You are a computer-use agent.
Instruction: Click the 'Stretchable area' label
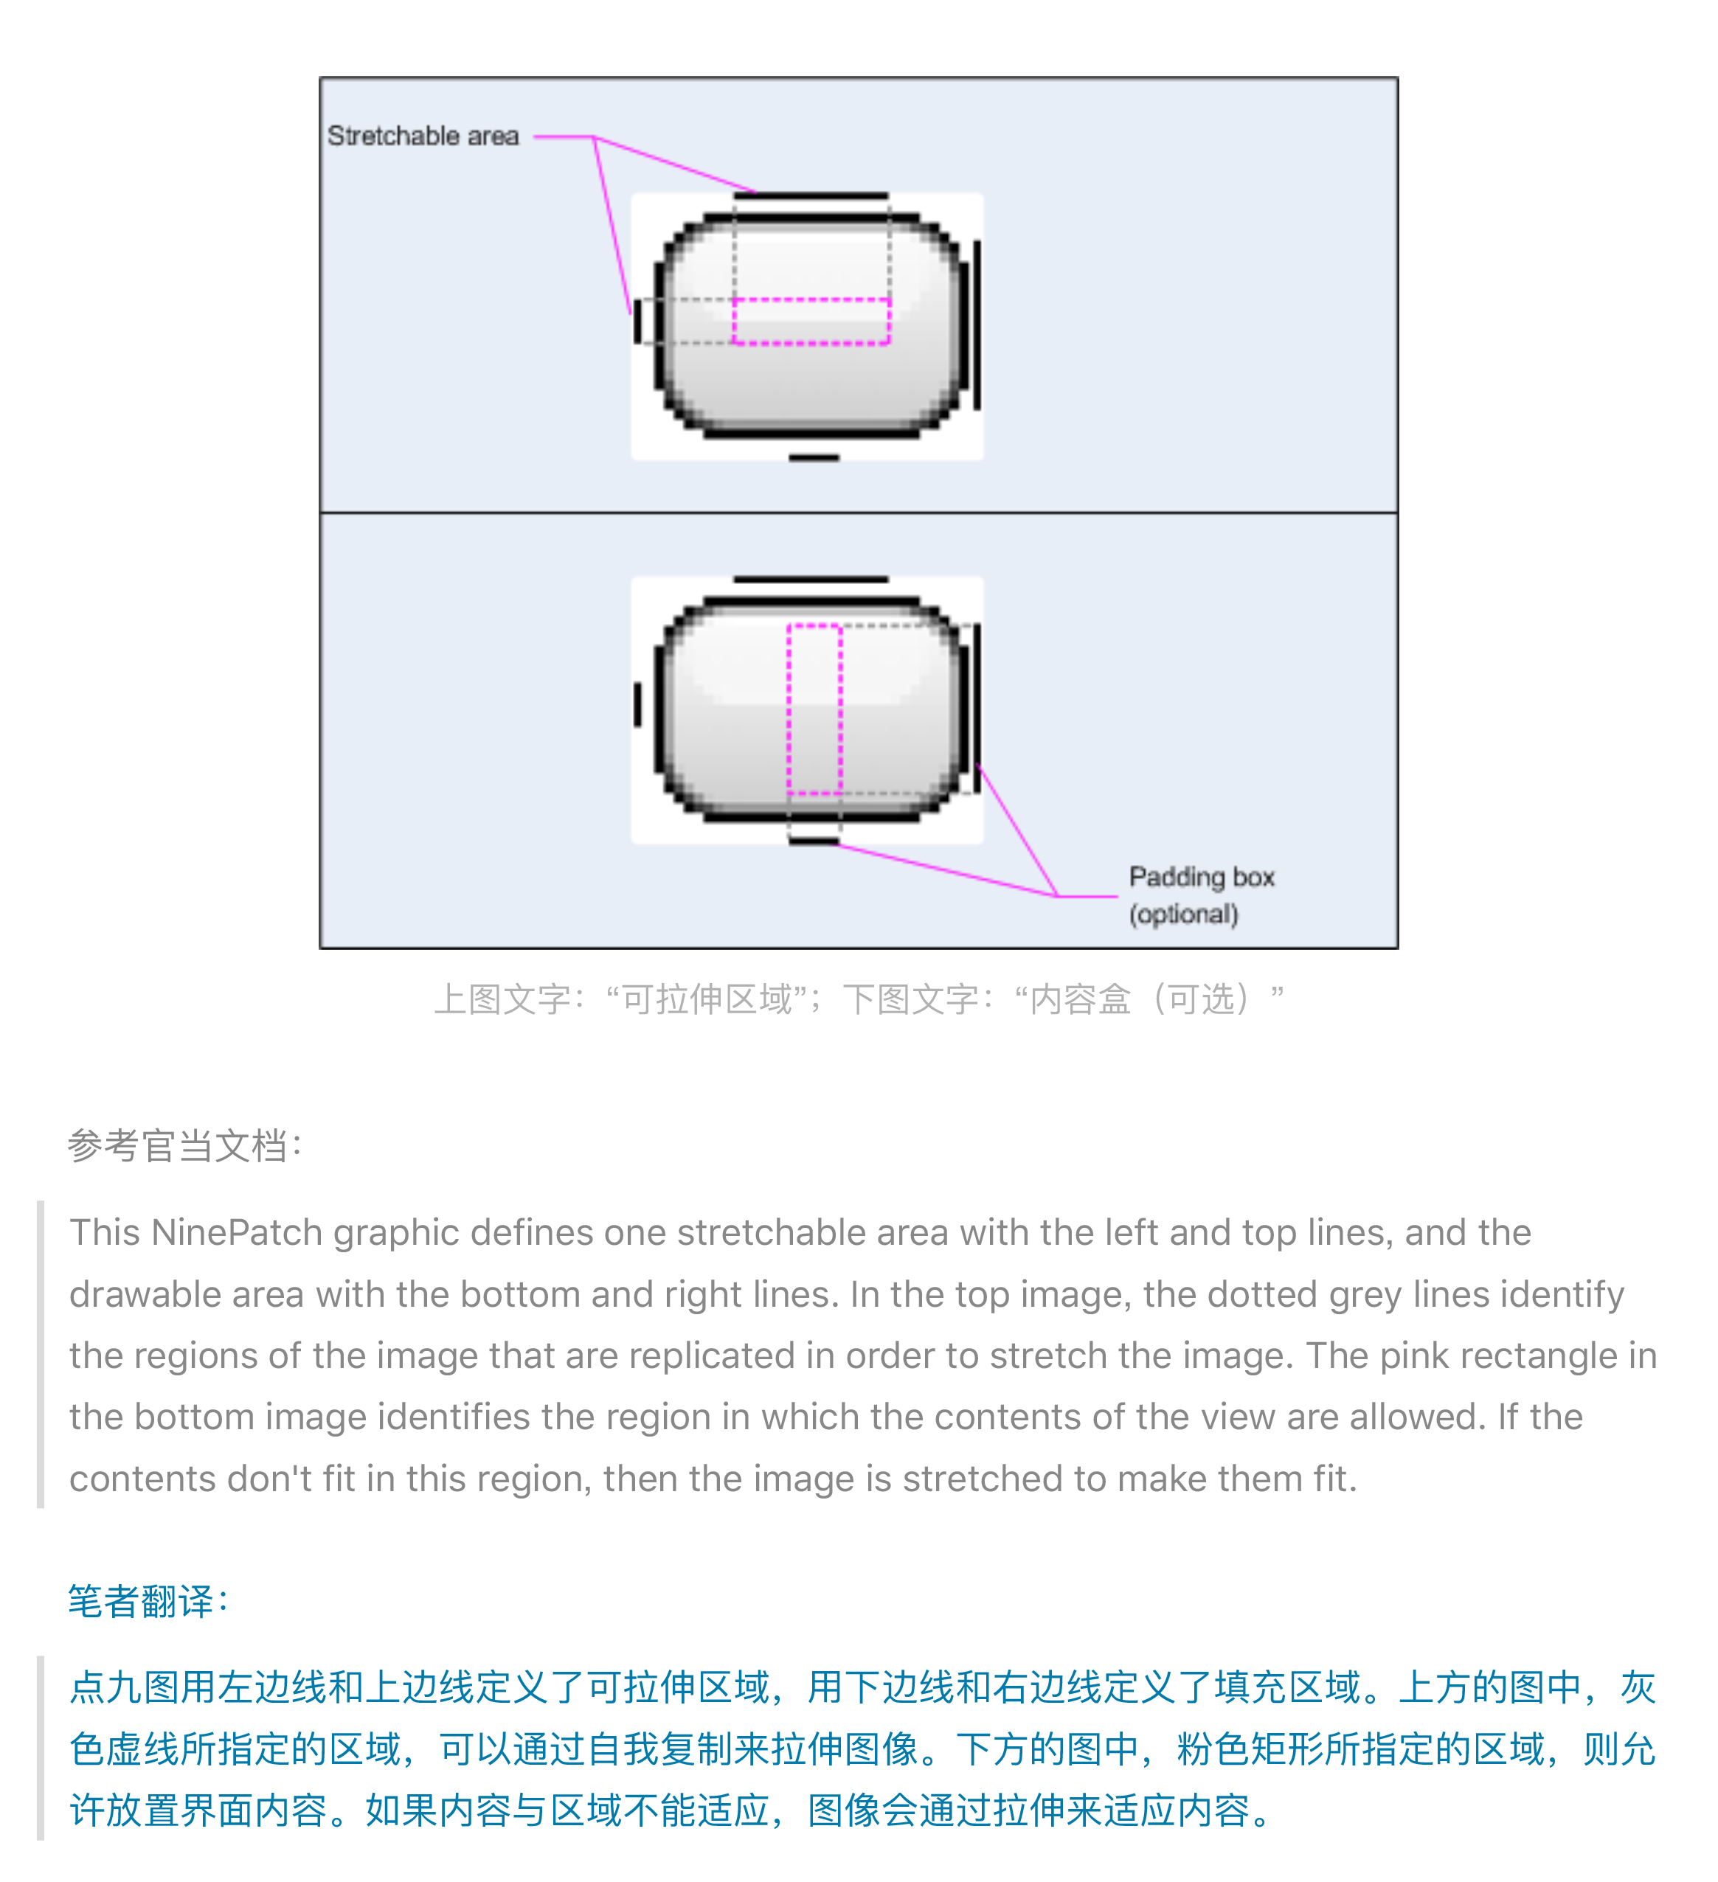[x=423, y=136]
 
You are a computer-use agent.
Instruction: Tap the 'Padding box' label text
[x=1202, y=878]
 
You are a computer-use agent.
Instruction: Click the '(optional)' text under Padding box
[x=1184, y=914]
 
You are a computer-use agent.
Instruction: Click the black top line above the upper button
[x=811, y=196]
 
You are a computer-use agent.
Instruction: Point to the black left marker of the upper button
[x=638, y=321]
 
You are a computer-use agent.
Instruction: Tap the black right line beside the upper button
[x=977, y=325]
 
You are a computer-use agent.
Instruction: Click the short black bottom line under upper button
[x=814, y=457]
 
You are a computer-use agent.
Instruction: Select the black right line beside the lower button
[x=977, y=709]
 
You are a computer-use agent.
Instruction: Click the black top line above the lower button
[x=811, y=580]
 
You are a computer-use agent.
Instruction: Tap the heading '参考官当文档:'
[x=185, y=1145]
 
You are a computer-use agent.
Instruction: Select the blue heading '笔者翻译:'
[x=148, y=1600]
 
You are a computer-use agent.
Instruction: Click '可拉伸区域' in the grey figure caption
[x=707, y=999]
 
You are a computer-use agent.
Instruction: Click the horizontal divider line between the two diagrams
[x=859, y=513]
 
